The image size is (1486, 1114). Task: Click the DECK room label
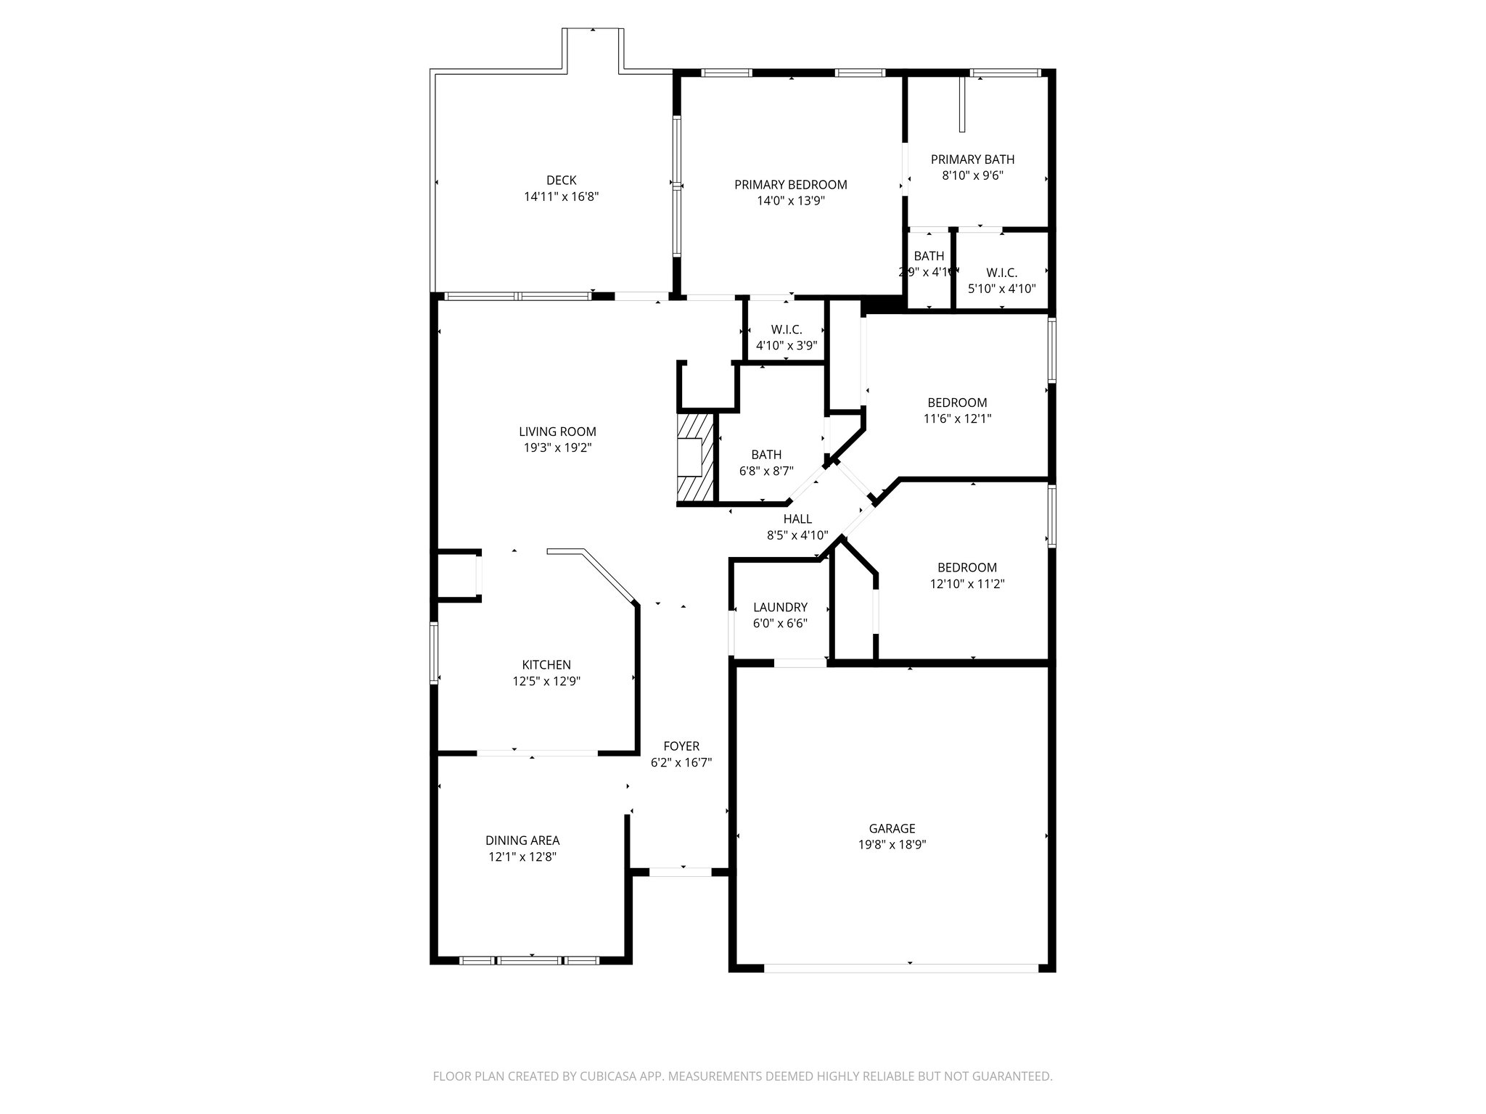[x=561, y=180]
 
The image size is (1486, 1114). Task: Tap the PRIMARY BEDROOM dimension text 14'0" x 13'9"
[x=791, y=201]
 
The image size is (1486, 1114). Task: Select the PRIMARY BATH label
[x=972, y=160]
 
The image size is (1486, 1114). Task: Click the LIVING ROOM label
[x=557, y=432]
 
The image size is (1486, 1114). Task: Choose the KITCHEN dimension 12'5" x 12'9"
[x=546, y=681]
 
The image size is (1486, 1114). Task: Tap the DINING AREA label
[x=522, y=841]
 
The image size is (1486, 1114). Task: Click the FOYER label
[x=681, y=746]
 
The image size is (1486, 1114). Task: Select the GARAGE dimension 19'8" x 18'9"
[x=892, y=844]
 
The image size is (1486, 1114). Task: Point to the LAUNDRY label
[x=780, y=607]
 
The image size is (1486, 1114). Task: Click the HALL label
[x=797, y=519]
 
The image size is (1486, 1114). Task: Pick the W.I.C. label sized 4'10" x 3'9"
[x=787, y=329]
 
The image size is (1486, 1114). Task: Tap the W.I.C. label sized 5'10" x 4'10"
[x=1001, y=273]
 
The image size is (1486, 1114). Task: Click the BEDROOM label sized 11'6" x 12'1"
[x=957, y=403]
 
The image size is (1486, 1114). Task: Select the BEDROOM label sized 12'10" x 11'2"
[x=966, y=567]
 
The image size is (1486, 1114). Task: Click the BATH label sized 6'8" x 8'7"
[x=766, y=455]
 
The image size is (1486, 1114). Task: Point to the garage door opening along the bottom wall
[x=901, y=967]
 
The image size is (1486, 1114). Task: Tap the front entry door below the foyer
[x=680, y=872]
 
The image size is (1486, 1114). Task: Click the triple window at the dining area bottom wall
[x=530, y=960]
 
